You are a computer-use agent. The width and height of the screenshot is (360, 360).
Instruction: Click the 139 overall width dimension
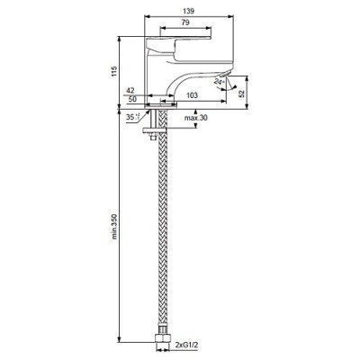(188, 11)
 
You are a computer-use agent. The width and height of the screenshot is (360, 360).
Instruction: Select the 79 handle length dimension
(185, 22)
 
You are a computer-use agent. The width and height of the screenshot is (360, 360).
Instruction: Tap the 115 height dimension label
(114, 71)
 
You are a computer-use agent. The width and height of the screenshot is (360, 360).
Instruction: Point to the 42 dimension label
(130, 90)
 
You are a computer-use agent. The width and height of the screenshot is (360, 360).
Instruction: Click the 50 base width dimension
(132, 99)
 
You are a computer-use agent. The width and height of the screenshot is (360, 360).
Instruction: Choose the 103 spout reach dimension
(192, 95)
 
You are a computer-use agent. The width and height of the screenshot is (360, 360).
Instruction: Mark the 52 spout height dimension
(242, 93)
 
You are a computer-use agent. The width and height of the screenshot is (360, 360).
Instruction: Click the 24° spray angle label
(219, 81)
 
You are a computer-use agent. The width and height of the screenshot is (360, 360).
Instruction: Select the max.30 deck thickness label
(196, 118)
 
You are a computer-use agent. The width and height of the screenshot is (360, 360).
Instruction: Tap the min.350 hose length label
(114, 226)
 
